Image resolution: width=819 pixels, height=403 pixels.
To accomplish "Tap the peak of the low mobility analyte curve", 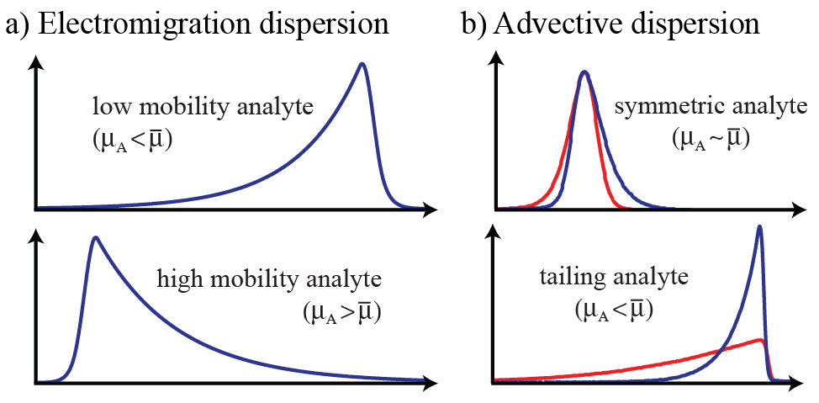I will (362, 65).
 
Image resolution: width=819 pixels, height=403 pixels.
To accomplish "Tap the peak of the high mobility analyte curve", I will (96, 237).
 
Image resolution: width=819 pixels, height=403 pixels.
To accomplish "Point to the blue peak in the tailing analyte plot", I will (760, 226).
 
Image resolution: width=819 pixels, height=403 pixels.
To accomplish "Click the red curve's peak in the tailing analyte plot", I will (760, 339).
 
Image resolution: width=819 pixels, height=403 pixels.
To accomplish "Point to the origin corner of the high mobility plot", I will (34, 382).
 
